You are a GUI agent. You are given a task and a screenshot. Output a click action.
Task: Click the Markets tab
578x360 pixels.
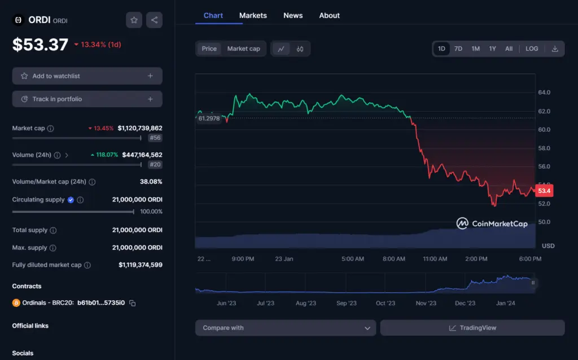[x=253, y=16]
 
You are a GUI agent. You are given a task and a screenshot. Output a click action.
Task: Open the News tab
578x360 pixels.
[x=293, y=16]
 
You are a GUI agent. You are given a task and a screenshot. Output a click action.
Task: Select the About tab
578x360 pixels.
[x=329, y=16]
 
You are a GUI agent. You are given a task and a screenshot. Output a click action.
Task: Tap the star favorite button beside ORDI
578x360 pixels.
[x=134, y=20]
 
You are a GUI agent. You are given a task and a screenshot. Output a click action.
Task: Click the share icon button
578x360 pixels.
[x=154, y=20]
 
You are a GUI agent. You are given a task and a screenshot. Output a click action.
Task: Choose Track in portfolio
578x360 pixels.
[x=87, y=99]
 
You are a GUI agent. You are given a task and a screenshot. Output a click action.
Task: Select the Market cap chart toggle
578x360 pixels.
[x=243, y=49]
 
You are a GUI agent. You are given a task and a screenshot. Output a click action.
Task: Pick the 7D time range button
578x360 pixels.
[x=458, y=49]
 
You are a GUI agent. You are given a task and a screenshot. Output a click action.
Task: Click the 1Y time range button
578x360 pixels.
[x=492, y=49]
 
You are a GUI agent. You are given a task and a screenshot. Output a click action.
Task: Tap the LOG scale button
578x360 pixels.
[x=532, y=49]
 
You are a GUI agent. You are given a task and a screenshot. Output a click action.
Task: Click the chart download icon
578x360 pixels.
[x=555, y=49]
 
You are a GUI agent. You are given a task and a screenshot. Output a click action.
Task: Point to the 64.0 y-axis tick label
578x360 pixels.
[x=544, y=93]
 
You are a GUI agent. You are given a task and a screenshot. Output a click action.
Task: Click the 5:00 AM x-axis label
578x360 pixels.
[x=353, y=259]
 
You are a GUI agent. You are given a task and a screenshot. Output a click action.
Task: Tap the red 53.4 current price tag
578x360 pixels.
[x=544, y=191]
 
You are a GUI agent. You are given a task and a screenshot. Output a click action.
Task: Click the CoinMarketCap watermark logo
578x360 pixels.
[x=492, y=223]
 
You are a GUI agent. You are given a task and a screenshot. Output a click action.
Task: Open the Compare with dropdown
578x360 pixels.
[x=285, y=328]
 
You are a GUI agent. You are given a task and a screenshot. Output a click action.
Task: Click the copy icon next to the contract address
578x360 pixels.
[x=133, y=303]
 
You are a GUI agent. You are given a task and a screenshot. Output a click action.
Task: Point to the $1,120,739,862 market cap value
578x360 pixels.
[x=140, y=129]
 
